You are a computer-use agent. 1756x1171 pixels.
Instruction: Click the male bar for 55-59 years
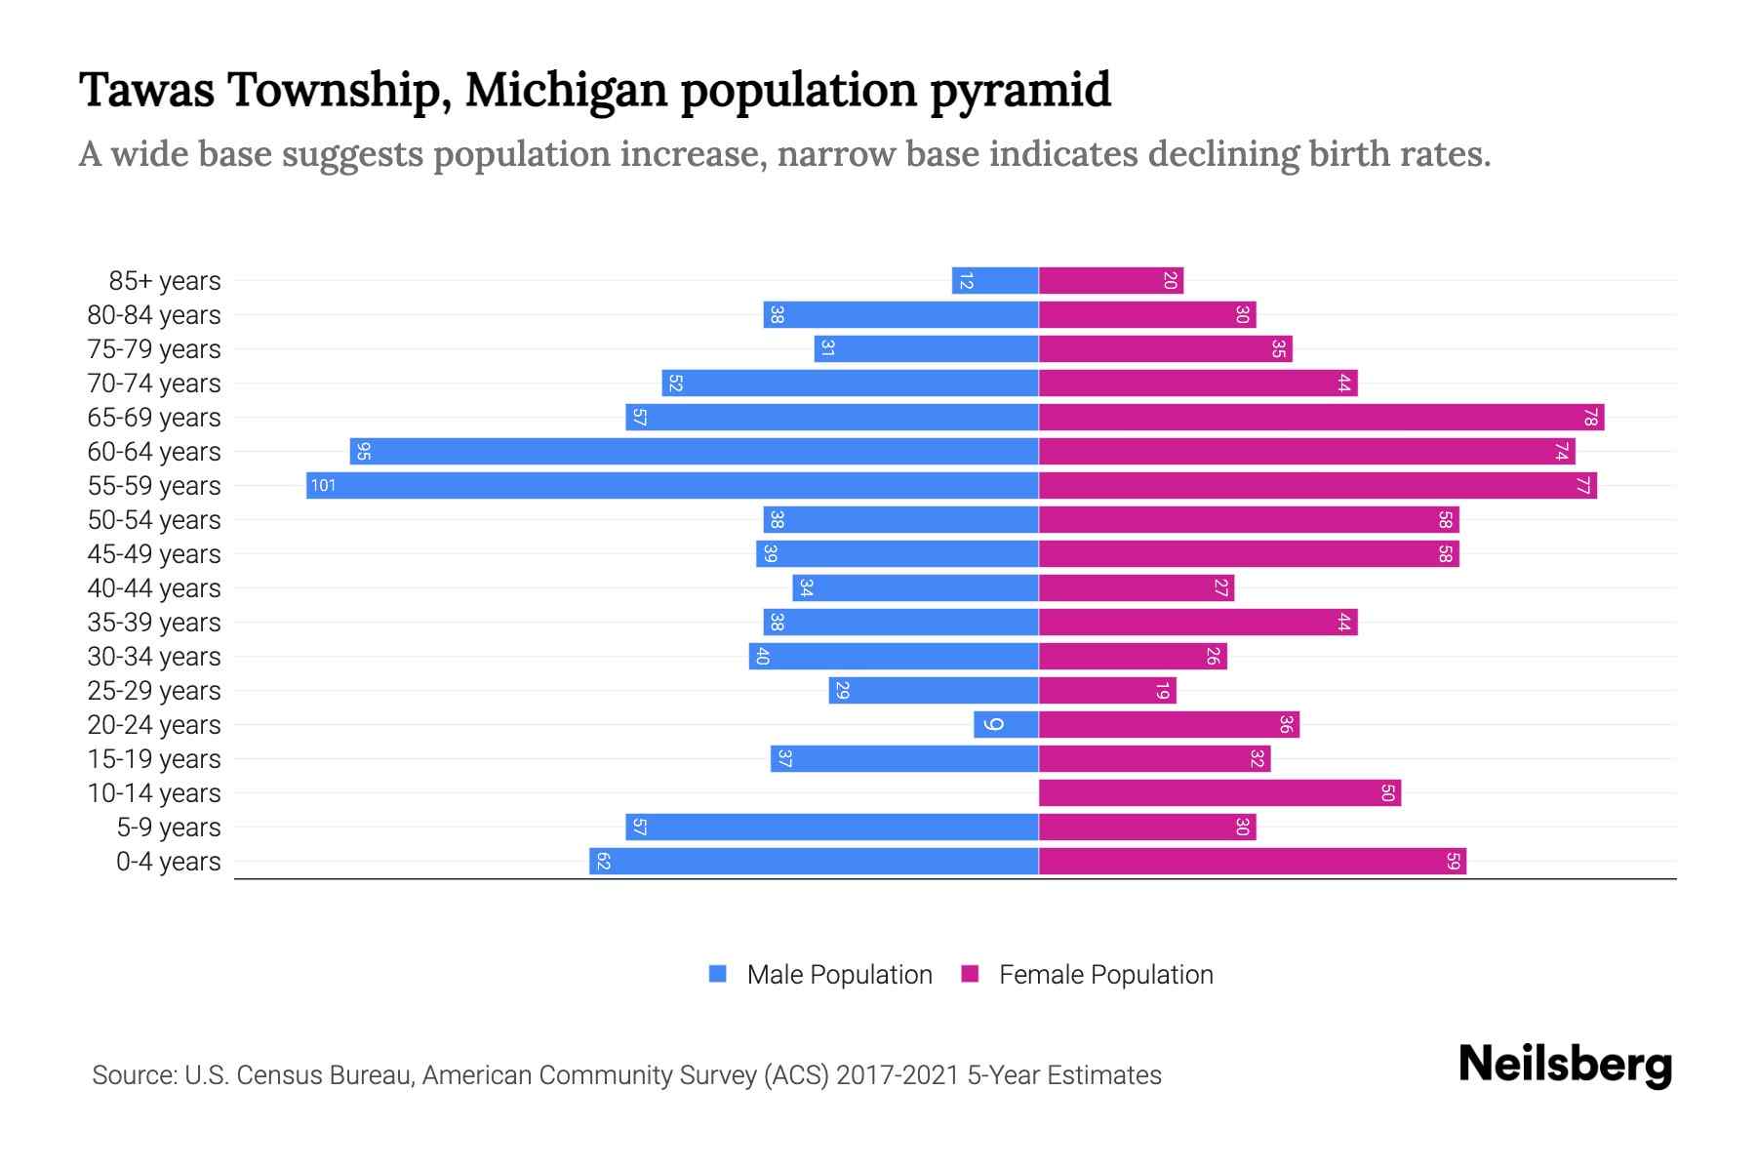click(x=673, y=485)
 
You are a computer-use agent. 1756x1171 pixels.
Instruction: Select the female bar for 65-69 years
click(x=1321, y=418)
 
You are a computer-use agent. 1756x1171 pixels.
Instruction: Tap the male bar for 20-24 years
click(x=1006, y=724)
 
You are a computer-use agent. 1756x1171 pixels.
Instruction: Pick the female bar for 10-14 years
click(x=1219, y=792)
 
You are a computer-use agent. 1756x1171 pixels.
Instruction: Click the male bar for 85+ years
click(x=995, y=281)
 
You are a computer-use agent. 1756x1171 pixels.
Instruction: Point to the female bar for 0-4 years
click(x=1253, y=861)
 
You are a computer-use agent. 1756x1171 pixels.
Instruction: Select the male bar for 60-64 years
click(x=695, y=451)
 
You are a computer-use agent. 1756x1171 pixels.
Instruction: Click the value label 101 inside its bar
click(x=323, y=485)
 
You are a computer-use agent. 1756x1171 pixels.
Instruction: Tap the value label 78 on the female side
click(x=1590, y=418)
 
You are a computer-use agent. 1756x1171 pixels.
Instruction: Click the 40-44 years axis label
click(x=154, y=588)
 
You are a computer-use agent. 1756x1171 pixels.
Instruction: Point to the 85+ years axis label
click(x=165, y=281)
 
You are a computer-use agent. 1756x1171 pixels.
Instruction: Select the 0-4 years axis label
click(x=168, y=862)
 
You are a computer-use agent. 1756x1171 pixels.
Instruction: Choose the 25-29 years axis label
click(x=154, y=691)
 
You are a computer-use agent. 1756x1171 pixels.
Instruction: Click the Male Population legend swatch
click(x=718, y=974)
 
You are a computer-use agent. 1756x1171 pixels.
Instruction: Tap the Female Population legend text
click(x=1105, y=974)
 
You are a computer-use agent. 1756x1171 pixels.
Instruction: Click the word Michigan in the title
click(x=566, y=90)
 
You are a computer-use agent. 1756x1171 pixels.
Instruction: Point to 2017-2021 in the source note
click(x=897, y=1074)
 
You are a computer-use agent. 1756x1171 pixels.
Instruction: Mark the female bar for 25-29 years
click(x=1107, y=691)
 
